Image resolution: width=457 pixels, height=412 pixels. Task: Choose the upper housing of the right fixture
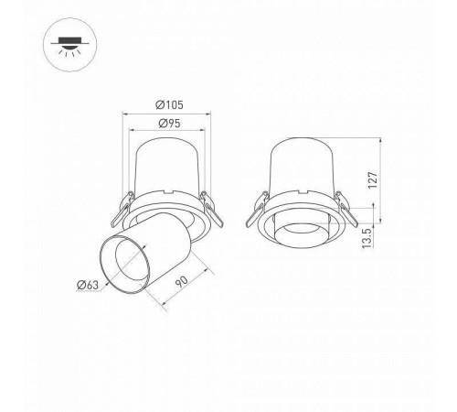301,165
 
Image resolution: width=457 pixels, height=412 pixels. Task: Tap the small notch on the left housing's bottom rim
169,193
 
